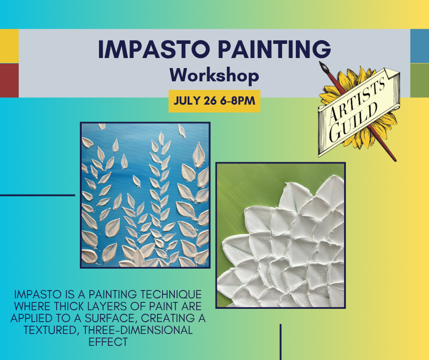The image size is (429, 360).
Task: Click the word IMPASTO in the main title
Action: [154, 49]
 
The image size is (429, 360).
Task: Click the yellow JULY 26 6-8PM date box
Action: [214, 101]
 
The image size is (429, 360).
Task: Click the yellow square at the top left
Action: [9, 46]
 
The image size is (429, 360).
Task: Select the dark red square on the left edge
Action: [9, 80]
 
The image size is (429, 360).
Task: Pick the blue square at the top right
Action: [420, 46]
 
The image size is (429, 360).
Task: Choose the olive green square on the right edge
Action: [420, 80]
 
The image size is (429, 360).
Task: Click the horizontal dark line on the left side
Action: [37, 196]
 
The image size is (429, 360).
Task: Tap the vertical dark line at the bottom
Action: [280, 342]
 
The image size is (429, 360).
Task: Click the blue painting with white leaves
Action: [145, 195]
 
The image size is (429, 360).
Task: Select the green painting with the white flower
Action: [281, 235]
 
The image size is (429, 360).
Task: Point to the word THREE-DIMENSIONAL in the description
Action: [138, 330]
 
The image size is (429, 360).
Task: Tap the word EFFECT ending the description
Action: [108, 342]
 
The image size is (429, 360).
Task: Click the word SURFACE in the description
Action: [110, 318]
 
